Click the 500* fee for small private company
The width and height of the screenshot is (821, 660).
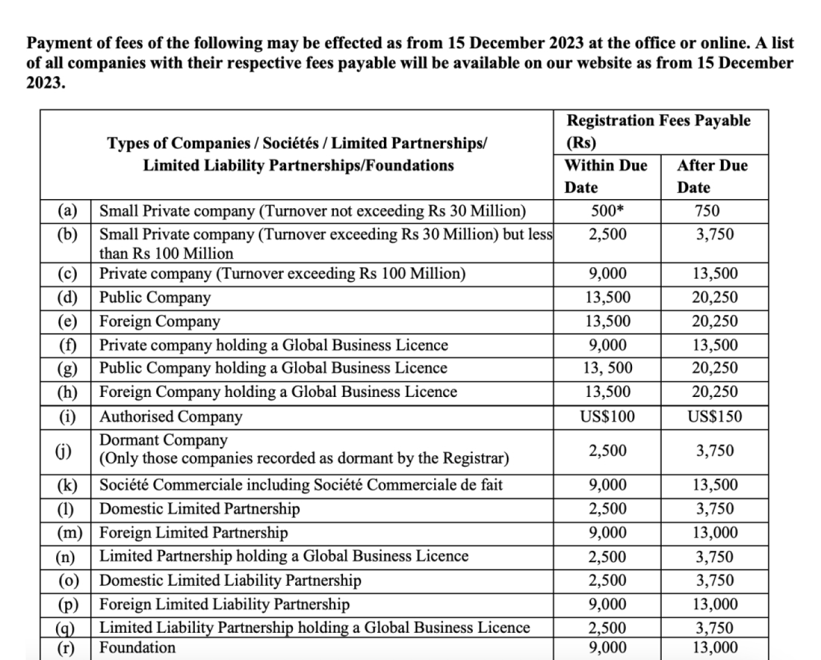[607, 211]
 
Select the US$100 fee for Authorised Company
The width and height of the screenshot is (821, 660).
[607, 416]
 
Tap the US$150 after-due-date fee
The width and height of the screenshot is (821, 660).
[715, 416]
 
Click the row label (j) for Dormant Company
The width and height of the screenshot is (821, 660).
[65, 451]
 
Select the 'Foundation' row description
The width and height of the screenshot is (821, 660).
[137, 647]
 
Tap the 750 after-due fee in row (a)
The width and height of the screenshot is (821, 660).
[708, 211]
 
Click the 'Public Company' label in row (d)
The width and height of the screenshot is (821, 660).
[155, 297]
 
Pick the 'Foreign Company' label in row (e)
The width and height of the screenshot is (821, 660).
[159, 321]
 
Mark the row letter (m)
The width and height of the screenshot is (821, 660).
[70, 533]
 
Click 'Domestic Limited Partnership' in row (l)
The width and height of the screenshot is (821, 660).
[199, 509]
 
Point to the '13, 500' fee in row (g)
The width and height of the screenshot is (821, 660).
[607, 368]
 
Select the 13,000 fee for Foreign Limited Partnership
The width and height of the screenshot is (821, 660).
[715, 533]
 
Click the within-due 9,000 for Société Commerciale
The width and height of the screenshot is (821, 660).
[607, 485]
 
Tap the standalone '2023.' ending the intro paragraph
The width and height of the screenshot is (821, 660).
[46, 83]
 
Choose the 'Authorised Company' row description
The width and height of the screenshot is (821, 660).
[171, 416]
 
